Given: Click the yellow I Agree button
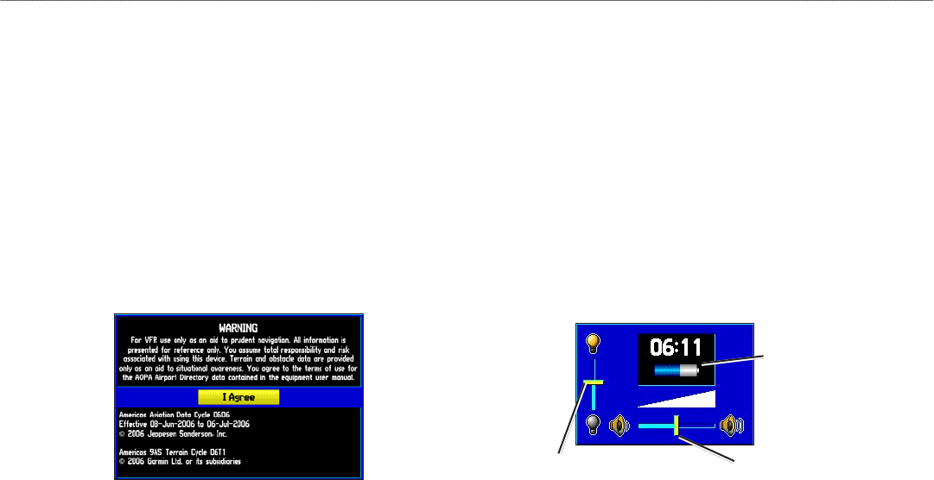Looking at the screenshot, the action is click(238, 397).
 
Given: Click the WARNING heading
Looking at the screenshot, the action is click(238, 329).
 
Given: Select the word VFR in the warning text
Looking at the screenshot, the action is click(144, 340).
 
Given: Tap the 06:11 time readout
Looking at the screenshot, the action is click(676, 347).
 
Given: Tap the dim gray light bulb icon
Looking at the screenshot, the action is click(594, 424).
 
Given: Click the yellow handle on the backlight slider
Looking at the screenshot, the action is click(593, 381).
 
